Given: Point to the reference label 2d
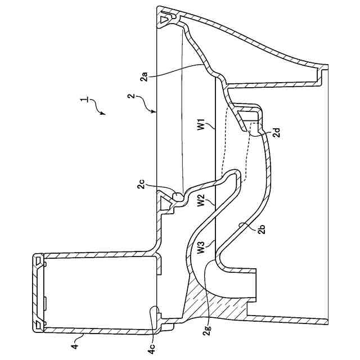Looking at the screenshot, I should pos(277,133).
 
